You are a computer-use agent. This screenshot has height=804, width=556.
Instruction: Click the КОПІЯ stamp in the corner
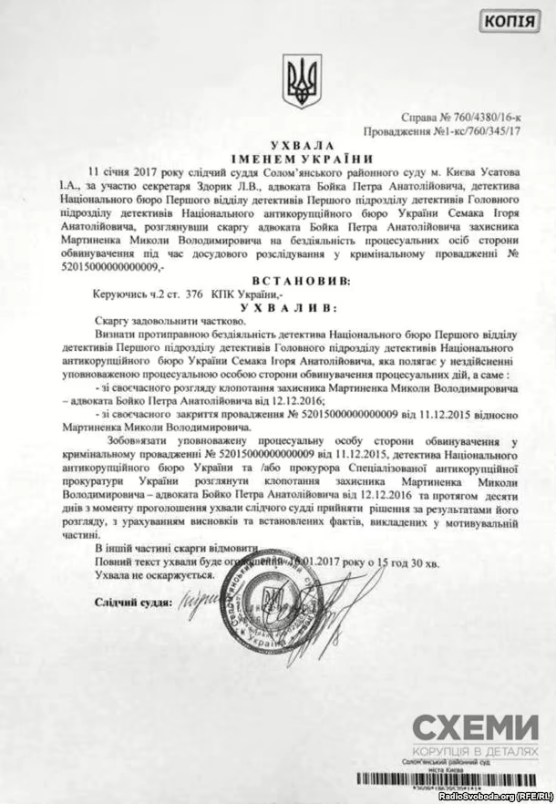tap(515, 22)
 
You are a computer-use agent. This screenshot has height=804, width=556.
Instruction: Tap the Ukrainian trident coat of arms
tap(298, 82)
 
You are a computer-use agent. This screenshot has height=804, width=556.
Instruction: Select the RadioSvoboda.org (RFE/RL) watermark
tap(494, 796)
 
